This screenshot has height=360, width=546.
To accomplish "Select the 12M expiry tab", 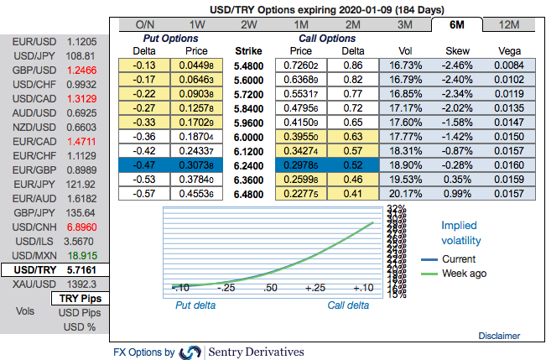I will [508, 24].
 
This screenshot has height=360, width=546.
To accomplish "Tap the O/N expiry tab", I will [144, 24].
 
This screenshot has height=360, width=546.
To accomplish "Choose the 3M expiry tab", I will [404, 24].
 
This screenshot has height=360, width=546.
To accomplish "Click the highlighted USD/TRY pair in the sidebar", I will [30, 270].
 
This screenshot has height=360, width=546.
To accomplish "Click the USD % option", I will [81, 328].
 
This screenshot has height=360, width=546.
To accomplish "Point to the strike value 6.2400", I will [250, 166].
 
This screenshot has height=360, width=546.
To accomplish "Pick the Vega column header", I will [508, 50].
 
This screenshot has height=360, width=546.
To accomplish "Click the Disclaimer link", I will [499, 336].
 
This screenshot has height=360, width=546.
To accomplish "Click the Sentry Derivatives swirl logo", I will [190, 352].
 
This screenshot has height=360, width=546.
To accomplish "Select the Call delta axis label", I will [349, 305].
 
